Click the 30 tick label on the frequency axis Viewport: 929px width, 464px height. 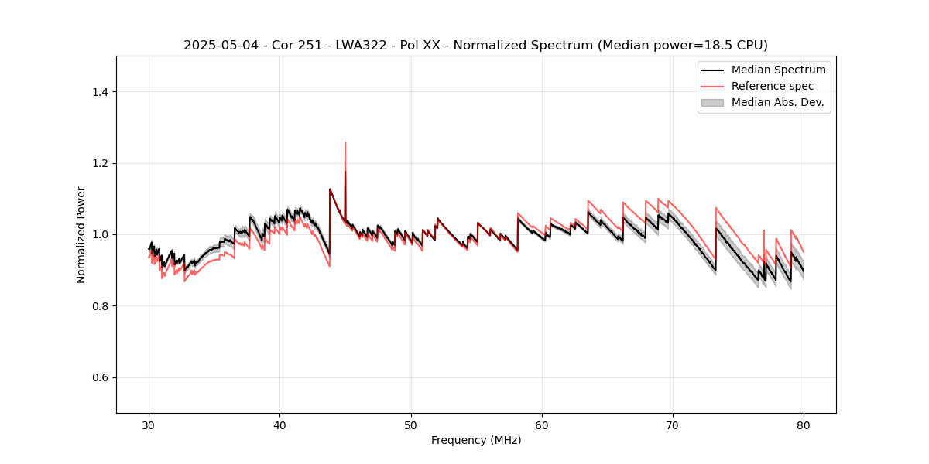pos(149,425)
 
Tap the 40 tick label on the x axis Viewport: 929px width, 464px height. pos(279,425)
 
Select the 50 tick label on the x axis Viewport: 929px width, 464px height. pos(411,425)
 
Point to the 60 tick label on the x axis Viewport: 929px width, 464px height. pos(542,425)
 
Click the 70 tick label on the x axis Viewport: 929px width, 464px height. pos(673,425)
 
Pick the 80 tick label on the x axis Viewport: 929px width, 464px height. pos(804,425)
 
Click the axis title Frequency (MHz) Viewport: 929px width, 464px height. pos(476,440)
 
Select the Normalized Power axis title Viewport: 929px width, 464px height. pos(81,234)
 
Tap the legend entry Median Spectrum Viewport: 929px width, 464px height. pos(778,70)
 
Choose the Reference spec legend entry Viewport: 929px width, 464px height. pos(772,86)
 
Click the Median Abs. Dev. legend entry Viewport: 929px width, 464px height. pos(777,102)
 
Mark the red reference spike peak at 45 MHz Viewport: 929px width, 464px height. pos(345,143)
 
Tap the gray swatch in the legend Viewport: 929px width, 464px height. pos(712,102)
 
